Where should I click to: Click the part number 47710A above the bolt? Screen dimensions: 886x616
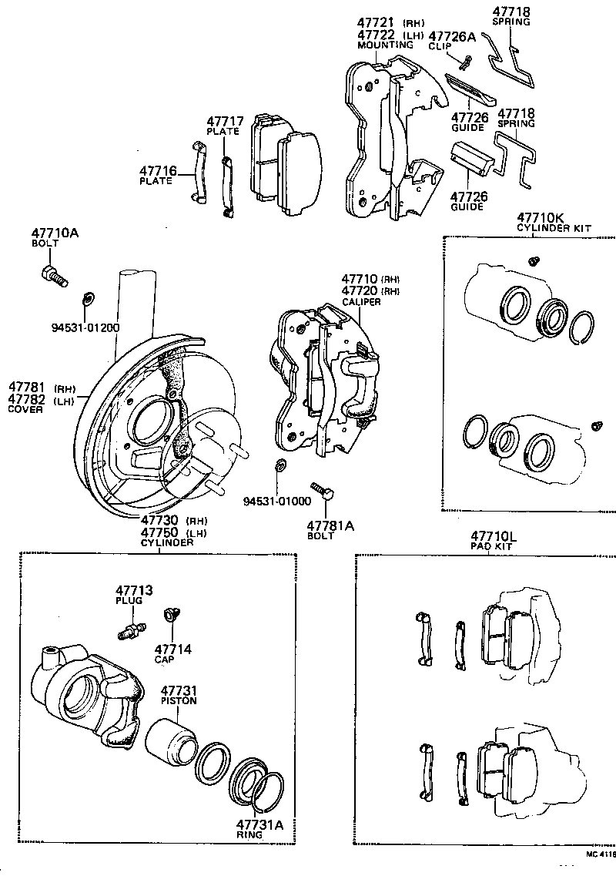55,233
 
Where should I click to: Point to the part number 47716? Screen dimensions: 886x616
158,170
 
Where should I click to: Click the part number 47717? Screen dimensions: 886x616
225,121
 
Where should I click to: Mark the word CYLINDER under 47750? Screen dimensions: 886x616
166,542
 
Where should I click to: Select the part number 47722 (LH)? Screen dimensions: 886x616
376,35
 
